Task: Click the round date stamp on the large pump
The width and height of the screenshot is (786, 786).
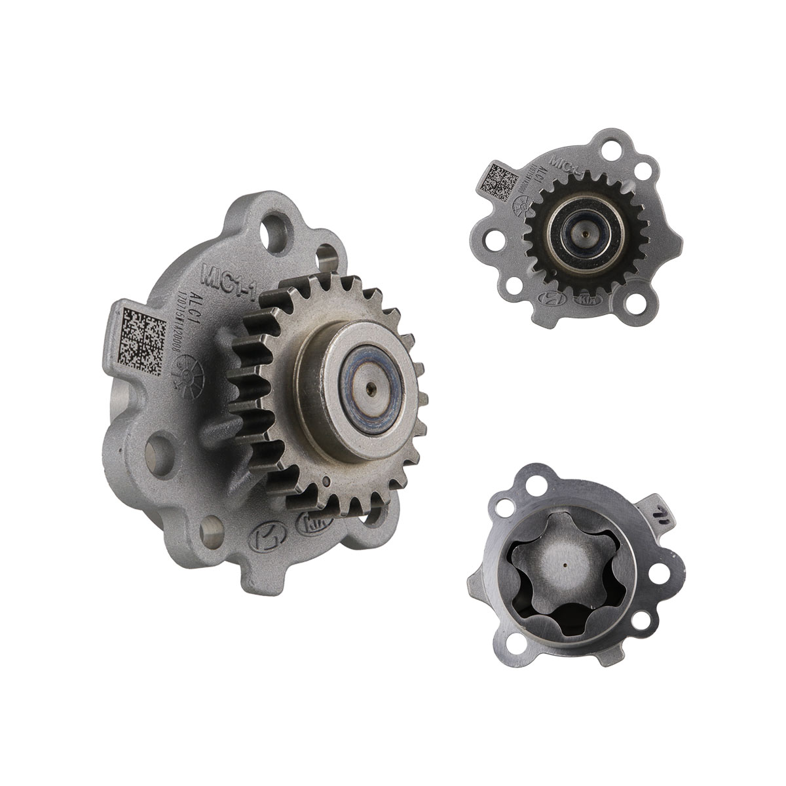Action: click(x=196, y=370)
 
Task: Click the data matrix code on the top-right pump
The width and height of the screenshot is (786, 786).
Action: click(x=499, y=182)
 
